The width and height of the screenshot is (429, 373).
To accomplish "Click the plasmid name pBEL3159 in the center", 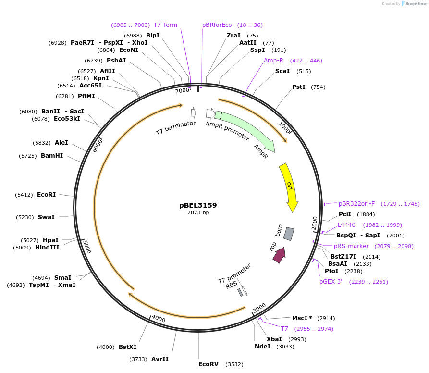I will point(198,205).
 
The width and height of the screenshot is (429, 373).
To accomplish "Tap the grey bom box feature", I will point(289,234).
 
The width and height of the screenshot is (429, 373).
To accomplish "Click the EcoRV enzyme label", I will point(208,364).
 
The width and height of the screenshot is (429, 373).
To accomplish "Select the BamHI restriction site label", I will point(52,156).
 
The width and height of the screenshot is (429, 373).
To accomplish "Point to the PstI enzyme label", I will point(299,87).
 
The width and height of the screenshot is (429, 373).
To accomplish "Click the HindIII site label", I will point(47,248).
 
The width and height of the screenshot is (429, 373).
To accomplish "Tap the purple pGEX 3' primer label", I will point(331,282).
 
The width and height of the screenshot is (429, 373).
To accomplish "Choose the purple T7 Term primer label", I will point(165,25).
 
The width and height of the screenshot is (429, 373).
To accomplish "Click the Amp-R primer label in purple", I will point(273,61).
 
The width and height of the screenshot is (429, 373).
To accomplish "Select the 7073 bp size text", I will point(198,212).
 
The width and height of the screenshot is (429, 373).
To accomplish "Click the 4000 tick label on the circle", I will point(158,320).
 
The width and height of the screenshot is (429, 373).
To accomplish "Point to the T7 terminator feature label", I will point(175,128).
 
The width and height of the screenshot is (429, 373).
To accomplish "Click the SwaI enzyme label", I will point(46,217).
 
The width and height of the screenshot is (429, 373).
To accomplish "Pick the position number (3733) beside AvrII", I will point(138,359).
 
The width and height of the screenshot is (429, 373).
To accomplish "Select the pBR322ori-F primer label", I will point(356,204).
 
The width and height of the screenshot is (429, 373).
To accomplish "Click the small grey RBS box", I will point(240,292).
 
